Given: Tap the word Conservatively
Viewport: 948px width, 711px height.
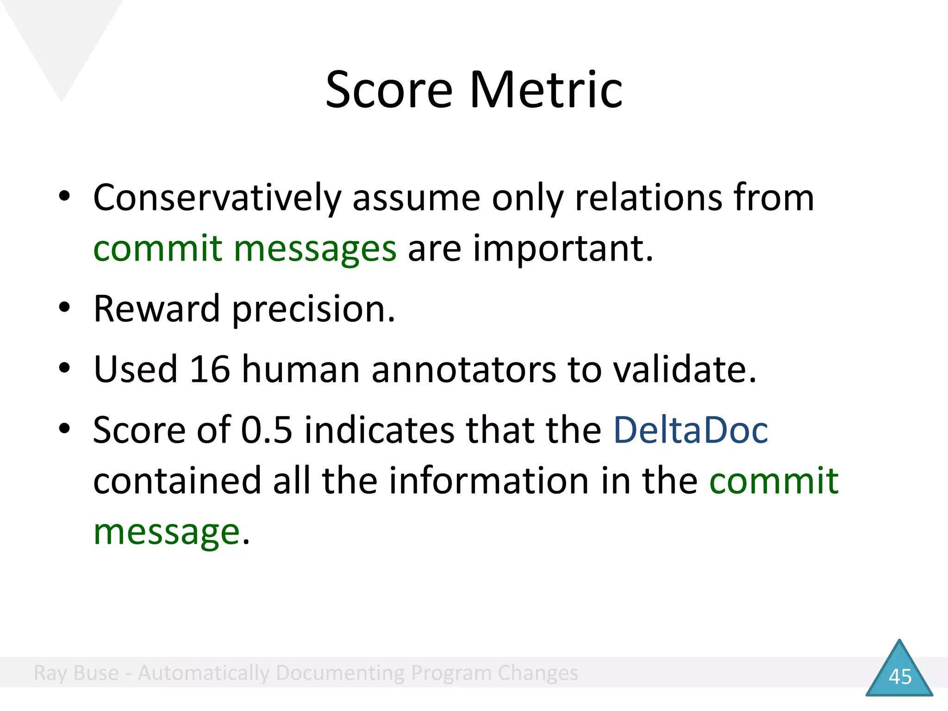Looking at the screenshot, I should pos(217,198).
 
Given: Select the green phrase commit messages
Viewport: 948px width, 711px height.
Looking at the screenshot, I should pos(244,249).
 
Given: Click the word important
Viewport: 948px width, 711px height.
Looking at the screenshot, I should pos(562,249).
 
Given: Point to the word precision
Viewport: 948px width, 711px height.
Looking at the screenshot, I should pos(313,309).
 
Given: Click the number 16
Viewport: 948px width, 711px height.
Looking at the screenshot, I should pos(210,369).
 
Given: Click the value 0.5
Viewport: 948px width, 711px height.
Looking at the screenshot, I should pos(267,430).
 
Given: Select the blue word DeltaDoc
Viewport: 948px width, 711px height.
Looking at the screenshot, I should pos(690,430).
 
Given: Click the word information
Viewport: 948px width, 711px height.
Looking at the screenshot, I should pos(488,481).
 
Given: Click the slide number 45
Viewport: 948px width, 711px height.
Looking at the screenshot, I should pos(900,677).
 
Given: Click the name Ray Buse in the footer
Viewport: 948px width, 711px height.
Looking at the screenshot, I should pos(76,673).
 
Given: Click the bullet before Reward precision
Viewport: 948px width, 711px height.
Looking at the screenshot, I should pos(64,307).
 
